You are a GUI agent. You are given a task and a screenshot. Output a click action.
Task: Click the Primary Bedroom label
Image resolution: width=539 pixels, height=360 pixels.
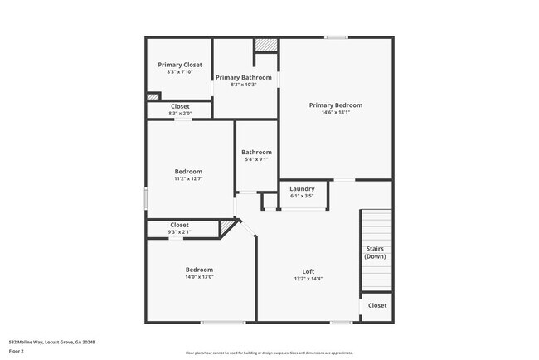pyautogui.click(x=335, y=105)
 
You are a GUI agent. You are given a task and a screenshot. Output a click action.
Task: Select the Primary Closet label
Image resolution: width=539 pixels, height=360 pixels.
pyautogui.click(x=180, y=64)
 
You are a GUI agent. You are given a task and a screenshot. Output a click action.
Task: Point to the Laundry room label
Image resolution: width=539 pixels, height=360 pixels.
pyautogui.click(x=301, y=188)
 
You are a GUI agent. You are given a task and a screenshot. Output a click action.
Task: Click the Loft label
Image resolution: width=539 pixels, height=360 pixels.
pyautogui.click(x=308, y=271)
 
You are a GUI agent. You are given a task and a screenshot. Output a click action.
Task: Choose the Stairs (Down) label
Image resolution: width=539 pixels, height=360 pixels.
pyautogui.click(x=375, y=252)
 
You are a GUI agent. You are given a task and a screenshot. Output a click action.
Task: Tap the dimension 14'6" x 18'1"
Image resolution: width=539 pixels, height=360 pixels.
pyautogui.click(x=335, y=113)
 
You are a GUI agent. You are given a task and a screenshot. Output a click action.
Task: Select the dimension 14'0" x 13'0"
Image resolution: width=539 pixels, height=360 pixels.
pyautogui.click(x=199, y=277)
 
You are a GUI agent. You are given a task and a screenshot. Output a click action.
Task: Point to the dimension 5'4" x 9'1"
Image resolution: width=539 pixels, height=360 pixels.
pyautogui.click(x=256, y=159)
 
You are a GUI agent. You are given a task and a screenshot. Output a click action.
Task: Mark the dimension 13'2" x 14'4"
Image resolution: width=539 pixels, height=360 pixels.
pyautogui.click(x=308, y=279)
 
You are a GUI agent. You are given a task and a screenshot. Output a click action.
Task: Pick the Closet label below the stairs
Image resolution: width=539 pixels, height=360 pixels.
pyautogui.click(x=377, y=305)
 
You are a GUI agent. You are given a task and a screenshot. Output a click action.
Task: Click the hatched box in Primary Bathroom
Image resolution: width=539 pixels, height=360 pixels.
pyautogui.click(x=265, y=45)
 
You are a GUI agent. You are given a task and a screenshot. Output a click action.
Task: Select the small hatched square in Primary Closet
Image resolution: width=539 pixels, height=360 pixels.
pyautogui.click(x=153, y=96)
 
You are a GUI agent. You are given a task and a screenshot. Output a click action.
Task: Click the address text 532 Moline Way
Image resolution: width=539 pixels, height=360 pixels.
pyautogui.click(x=51, y=342)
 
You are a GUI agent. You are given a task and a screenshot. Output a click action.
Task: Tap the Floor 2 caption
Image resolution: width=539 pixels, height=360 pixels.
pyautogui.click(x=17, y=351)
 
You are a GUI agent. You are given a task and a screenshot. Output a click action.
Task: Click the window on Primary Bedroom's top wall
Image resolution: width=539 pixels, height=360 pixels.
pyautogui.click(x=335, y=37)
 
